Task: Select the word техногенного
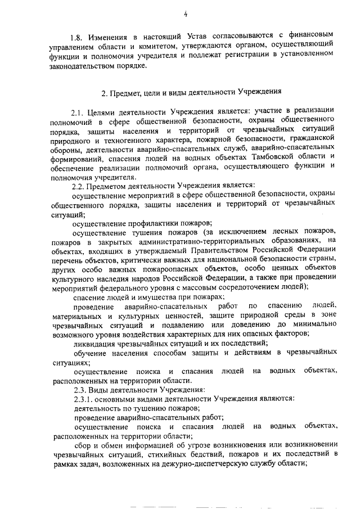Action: pyautogui.click(x=127, y=137)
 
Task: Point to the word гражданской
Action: pyautogui.click(x=312, y=137)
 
